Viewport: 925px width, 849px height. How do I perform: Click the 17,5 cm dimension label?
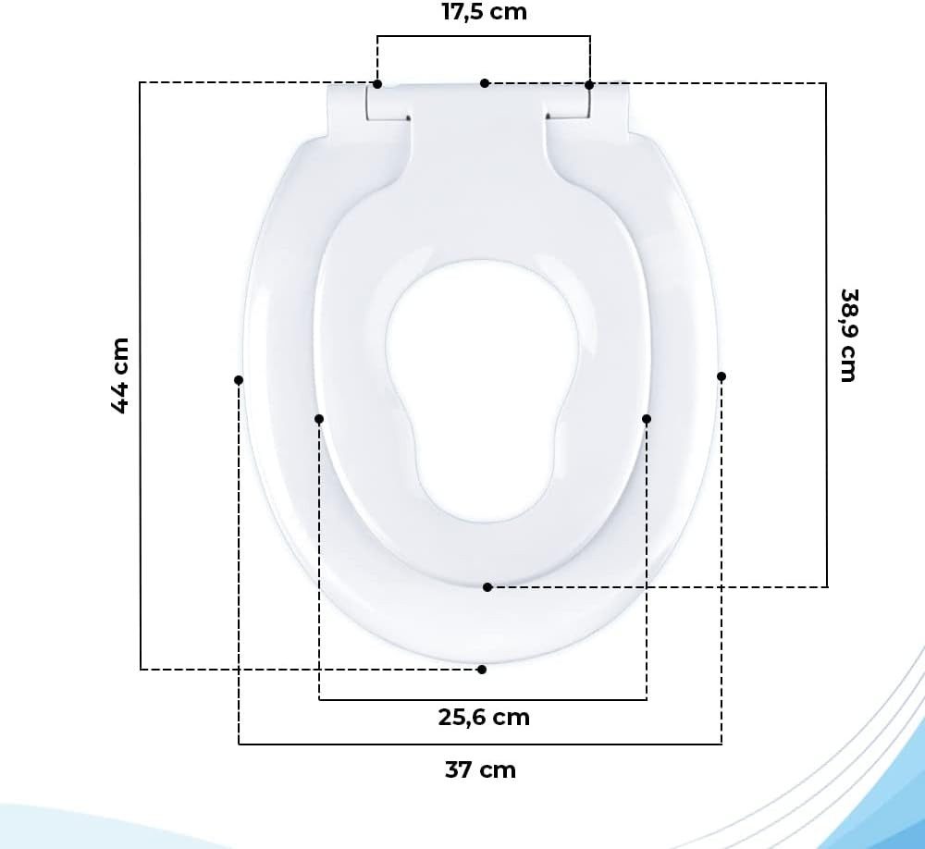pos(484,12)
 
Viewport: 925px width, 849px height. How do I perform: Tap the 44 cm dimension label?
pos(120,375)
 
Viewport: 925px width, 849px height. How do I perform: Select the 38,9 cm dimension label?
pos(847,334)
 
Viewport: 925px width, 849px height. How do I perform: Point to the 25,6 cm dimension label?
pos(484,717)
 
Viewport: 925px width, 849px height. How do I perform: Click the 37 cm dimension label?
pos(480,769)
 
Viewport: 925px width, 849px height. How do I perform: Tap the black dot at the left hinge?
pos(377,85)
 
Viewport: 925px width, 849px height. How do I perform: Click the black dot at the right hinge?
pos(589,85)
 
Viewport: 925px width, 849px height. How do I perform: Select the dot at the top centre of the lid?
pos(485,83)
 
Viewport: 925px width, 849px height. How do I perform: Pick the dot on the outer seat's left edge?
pos(239,380)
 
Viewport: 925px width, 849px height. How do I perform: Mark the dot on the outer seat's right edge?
pos(721,376)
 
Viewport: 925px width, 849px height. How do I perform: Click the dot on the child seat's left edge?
pos(319,419)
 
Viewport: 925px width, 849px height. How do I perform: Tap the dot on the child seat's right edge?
pos(647,419)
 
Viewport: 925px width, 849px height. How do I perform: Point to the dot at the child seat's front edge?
pos(487,587)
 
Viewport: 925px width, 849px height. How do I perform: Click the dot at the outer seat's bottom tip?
pos(482,669)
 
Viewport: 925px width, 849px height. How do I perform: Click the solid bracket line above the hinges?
pos(484,37)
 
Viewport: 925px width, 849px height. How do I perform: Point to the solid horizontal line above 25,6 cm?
pos(483,699)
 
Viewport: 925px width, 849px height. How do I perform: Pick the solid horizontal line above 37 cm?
pos(480,744)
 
